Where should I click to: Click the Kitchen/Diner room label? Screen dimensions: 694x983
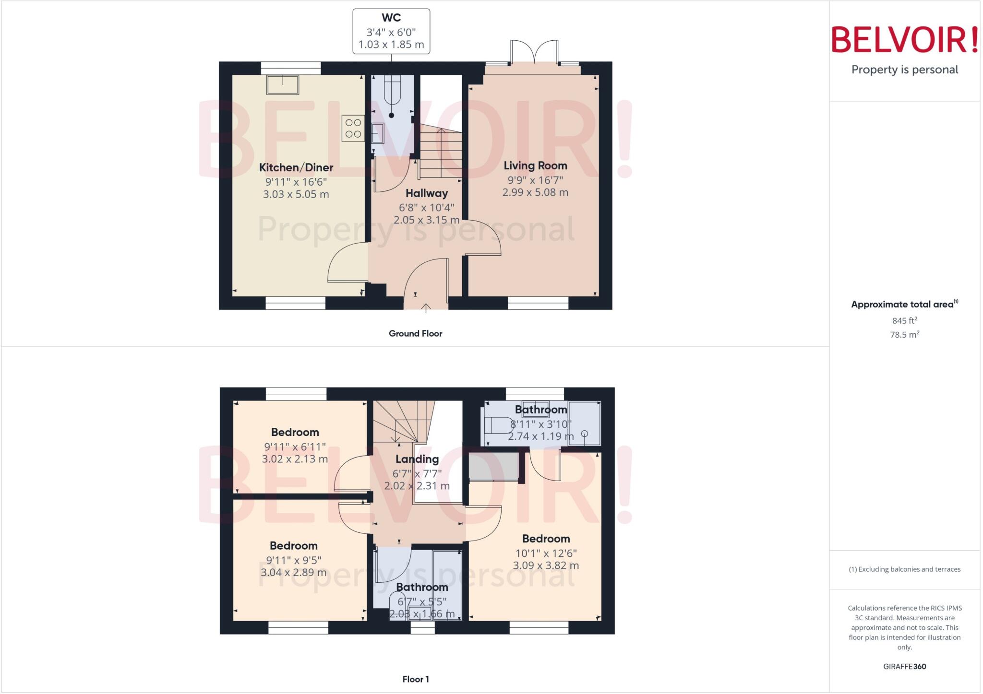click(x=296, y=167)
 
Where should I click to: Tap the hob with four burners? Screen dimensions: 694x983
click(x=353, y=129)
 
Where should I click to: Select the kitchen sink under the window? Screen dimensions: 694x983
click(x=283, y=85)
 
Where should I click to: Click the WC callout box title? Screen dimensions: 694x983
click(x=391, y=18)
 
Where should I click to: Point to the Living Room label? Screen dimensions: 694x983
click(x=535, y=165)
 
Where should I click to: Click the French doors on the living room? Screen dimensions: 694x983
click(x=534, y=53)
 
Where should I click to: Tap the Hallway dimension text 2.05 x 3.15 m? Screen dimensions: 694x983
click(x=426, y=220)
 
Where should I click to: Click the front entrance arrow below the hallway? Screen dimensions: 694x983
click(x=426, y=307)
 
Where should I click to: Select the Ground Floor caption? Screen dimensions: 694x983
click(x=415, y=333)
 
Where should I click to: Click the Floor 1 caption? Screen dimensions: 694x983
click(x=415, y=679)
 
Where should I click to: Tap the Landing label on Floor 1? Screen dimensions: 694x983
click(x=417, y=459)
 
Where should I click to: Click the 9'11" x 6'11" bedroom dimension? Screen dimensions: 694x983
click(x=295, y=447)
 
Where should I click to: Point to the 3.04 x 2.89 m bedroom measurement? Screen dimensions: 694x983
click(x=293, y=572)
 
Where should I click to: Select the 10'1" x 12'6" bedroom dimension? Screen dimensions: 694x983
click(x=546, y=553)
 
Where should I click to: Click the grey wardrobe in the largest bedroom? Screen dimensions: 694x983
click(x=494, y=466)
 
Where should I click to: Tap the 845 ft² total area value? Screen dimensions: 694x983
click(x=904, y=320)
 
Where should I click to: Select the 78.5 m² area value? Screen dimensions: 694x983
click(x=904, y=334)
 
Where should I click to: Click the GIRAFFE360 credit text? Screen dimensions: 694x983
click(x=904, y=666)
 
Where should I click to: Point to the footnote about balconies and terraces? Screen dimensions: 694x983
click(x=904, y=569)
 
